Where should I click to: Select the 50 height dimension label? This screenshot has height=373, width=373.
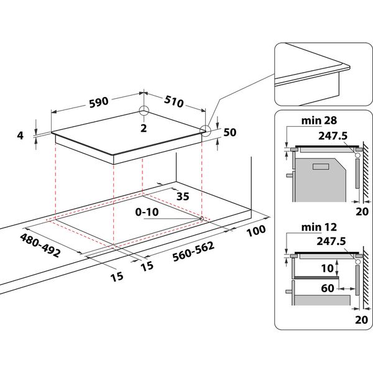[230, 132]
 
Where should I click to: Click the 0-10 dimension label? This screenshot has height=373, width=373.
[149, 212]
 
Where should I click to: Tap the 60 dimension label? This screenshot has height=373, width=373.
[328, 288]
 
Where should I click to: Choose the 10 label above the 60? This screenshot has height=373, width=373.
[328, 269]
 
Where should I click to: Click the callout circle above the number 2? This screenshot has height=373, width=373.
[144, 111]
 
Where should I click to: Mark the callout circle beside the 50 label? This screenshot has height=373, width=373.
[206, 130]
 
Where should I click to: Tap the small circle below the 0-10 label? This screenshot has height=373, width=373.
[203, 218]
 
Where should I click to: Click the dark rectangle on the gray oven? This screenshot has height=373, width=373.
[321, 167]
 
